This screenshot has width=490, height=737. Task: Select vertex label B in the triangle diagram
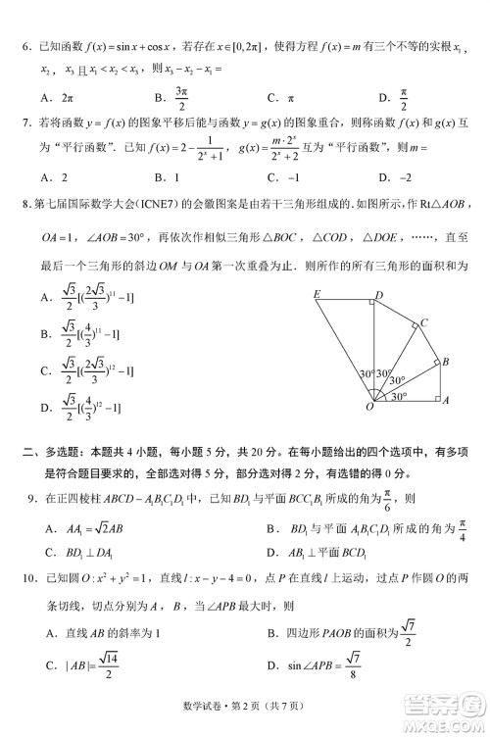(x=446, y=362)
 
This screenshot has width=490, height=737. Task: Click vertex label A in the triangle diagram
(x=446, y=401)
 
